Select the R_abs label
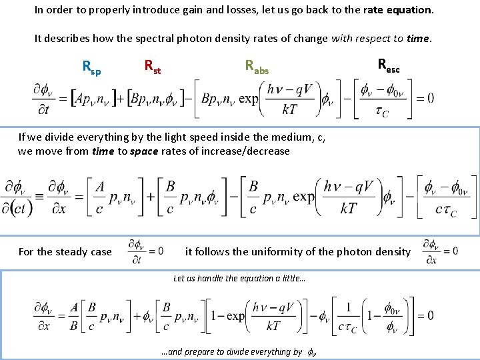[257, 66]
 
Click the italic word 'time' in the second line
[417, 38]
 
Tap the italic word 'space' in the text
[129, 151]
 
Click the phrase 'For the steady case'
[65, 251]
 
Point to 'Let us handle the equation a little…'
[239, 278]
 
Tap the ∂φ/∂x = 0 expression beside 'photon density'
[440, 251]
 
